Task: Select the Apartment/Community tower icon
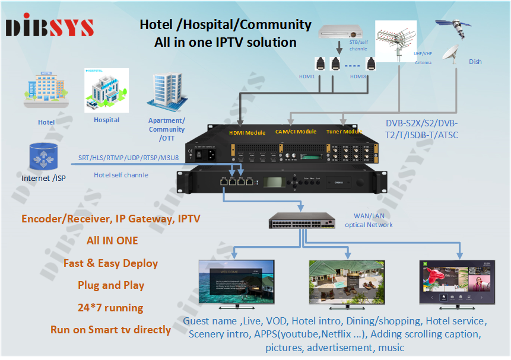(166, 93)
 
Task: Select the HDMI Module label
(247, 132)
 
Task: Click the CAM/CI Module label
(296, 132)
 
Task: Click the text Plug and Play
(111, 285)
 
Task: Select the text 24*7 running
(111, 308)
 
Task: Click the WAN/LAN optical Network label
(369, 221)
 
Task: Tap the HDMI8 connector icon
(372, 64)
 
